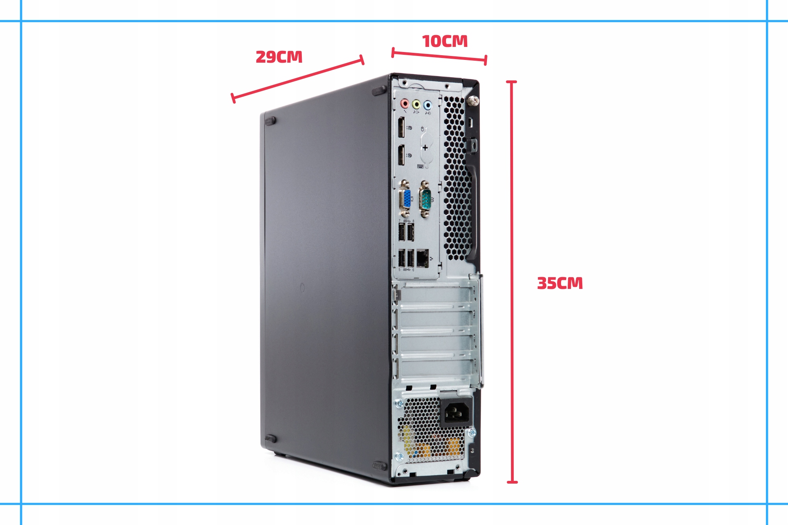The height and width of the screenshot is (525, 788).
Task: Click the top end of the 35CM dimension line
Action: [x=512, y=82]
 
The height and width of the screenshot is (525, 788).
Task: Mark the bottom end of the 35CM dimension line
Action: [x=512, y=482]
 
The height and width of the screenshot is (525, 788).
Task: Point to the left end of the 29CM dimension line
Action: [x=233, y=98]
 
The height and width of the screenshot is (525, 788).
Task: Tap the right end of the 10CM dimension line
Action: [x=486, y=60]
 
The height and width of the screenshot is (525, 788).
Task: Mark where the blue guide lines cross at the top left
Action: [x=21, y=21]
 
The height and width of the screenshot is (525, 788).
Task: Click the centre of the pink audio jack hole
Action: [x=404, y=104]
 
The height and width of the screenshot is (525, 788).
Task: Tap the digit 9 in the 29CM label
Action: [x=271, y=57]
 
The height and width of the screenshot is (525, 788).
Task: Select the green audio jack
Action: [x=416, y=104]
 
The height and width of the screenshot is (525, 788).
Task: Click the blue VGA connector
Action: [x=405, y=199]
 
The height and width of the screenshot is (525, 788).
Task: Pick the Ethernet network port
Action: [x=422, y=259]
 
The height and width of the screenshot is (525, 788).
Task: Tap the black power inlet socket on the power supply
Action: [x=455, y=412]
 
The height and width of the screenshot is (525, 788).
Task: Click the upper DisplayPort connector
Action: [x=401, y=127]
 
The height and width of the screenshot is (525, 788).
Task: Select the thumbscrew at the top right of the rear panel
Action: [x=472, y=101]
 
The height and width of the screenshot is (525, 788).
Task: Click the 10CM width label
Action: [x=445, y=41]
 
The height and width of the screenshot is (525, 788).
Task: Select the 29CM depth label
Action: [x=279, y=57]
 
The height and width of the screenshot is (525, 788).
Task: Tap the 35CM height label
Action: [x=560, y=283]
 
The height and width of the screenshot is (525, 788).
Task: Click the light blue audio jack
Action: [x=427, y=105]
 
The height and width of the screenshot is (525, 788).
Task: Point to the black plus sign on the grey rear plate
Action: [x=425, y=148]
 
